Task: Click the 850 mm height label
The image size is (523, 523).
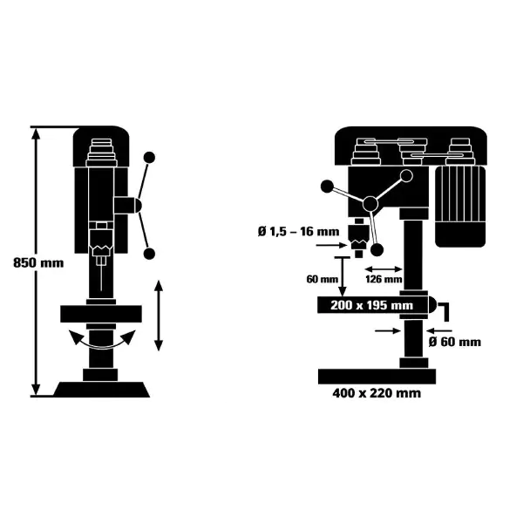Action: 38,263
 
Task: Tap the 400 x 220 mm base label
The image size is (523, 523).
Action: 377,393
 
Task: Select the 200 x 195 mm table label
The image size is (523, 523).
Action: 371,305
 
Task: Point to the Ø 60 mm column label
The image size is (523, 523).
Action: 455,342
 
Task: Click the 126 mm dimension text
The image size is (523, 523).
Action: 384,279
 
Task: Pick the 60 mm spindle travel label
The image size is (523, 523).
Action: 323,279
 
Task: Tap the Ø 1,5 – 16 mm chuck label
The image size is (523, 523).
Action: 298,231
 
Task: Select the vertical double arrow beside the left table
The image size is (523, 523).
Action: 159,316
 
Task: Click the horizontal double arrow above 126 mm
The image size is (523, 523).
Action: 384,268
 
